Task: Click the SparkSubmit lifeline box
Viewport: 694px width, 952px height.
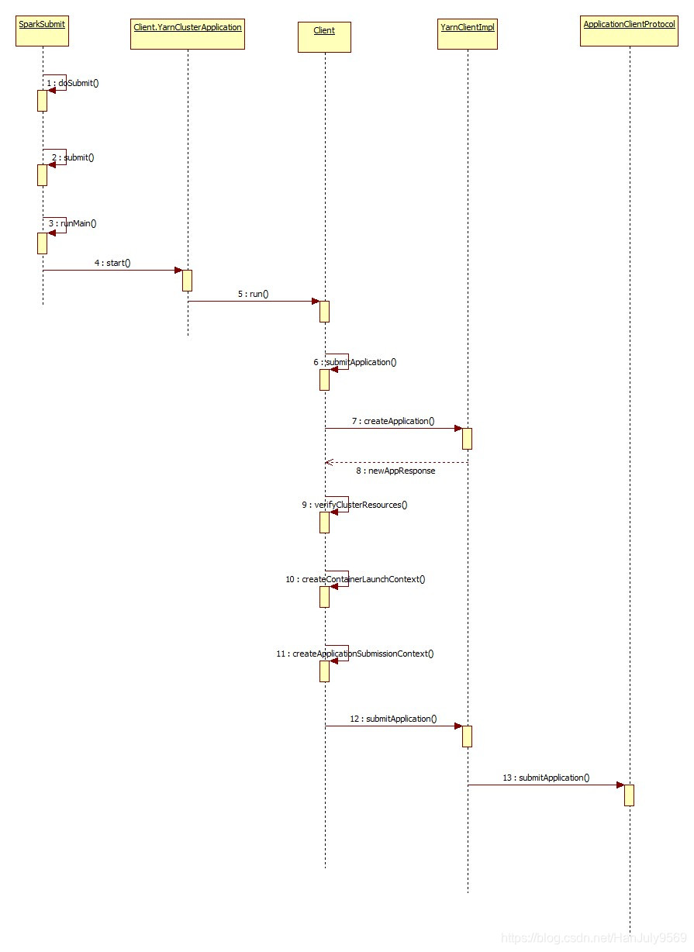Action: tap(43, 32)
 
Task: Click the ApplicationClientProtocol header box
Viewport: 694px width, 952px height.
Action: tap(630, 32)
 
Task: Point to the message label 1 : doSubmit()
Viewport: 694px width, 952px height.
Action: tap(73, 83)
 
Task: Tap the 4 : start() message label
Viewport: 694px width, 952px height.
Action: tap(112, 263)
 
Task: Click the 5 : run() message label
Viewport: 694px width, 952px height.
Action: tap(253, 295)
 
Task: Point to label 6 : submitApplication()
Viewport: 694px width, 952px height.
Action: tap(355, 362)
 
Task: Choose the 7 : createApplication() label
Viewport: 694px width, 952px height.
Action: tap(393, 421)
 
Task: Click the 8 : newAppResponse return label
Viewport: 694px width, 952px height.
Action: tap(395, 471)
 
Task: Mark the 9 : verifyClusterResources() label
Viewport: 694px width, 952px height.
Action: tap(355, 505)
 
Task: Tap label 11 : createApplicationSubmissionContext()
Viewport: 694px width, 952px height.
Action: tap(355, 654)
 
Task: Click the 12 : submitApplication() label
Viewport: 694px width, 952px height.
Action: tap(393, 719)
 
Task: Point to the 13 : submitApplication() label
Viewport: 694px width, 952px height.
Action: tap(546, 778)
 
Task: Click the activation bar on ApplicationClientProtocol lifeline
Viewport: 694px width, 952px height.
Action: tap(629, 795)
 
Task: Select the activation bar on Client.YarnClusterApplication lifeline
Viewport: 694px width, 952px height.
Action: tap(187, 280)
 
